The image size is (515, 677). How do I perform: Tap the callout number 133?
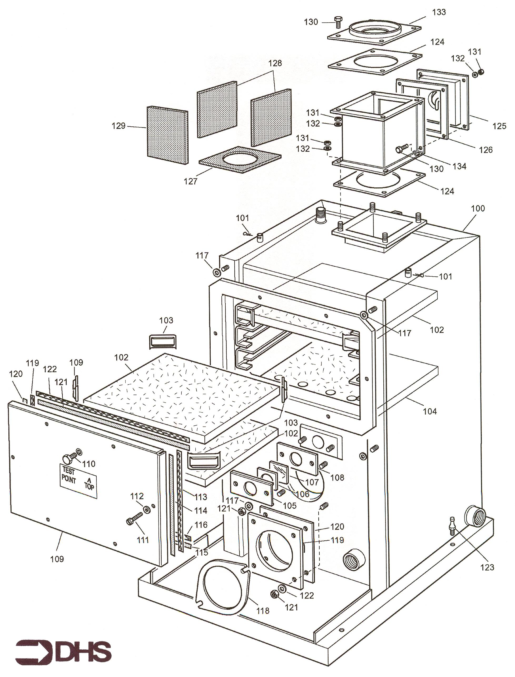[x=439, y=12]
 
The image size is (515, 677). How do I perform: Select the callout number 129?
[x=119, y=126]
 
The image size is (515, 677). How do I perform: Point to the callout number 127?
[x=190, y=181]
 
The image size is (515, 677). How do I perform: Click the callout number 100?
[x=478, y=209]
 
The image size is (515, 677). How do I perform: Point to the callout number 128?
[x=275, y=63]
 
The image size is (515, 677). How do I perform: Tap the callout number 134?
[x=459, y=166]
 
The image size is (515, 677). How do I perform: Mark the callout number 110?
[x=88, y=464]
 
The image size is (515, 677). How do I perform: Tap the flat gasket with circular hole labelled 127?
[x=240, y=160]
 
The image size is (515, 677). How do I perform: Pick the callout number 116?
[x=201, y=525]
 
